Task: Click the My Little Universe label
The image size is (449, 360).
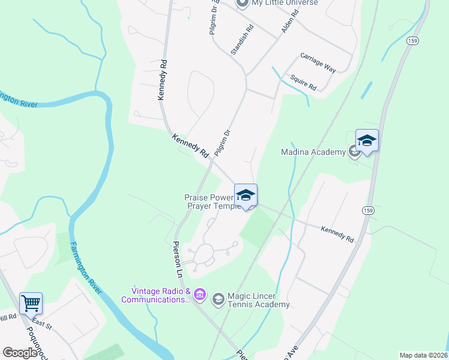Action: point(285,3)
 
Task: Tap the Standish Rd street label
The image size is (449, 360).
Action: point(243,40)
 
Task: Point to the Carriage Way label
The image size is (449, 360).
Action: point(318,62)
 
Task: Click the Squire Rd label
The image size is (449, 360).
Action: point(303,82)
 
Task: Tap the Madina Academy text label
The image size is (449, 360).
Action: point(314,152)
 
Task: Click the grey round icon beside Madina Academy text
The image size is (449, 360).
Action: point(355,152)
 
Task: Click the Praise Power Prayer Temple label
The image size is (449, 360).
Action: point(211,202)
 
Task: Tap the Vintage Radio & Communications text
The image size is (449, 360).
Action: point(155,295)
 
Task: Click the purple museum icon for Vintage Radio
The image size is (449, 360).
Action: point(200,295)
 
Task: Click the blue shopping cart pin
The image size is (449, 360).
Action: point(31,302)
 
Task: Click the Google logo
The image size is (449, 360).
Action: point(20,353)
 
